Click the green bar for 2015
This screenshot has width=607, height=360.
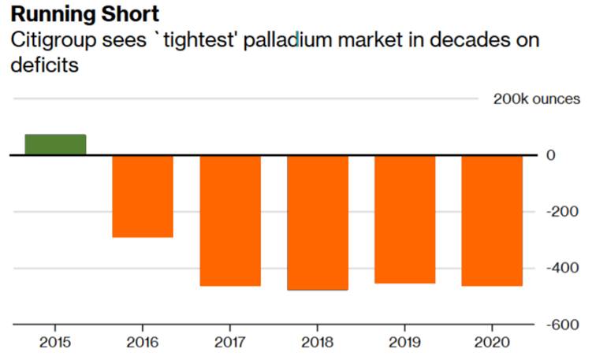pos(55,145)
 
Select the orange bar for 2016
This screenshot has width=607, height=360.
pos(142,196)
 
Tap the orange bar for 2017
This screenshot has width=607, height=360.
pos(229,221)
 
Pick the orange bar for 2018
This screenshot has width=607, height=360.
pos(317,223)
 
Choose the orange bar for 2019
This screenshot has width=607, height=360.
pos(404,219)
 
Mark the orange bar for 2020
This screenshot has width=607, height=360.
pos(491,221)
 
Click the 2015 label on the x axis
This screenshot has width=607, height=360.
pos(55,343)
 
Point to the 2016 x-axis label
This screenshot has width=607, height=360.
pos(142,343)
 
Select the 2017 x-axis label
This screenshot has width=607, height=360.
pos(229,343)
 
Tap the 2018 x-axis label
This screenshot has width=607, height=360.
pos(317,343)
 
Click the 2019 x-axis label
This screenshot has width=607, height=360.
pos(404,343)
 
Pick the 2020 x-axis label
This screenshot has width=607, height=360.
pos(491,343)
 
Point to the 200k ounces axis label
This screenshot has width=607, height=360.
pos(536,99)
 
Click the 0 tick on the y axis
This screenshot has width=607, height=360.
pos(551,155)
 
